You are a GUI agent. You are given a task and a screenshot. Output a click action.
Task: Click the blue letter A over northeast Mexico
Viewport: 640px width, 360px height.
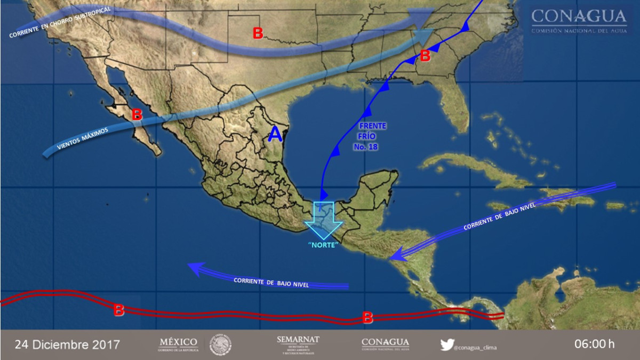point(275,134)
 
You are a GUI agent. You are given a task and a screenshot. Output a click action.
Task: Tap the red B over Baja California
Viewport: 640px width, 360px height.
point(137,114)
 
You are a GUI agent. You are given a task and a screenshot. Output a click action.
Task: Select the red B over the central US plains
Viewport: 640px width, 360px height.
point(258,34)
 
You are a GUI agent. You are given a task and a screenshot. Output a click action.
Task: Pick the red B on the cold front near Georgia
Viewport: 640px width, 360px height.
point(425,55)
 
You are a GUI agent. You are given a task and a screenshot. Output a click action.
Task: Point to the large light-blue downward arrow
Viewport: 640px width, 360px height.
point(323,220)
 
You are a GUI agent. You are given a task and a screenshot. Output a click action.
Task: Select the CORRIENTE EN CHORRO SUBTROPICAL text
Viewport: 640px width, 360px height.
point(60,22)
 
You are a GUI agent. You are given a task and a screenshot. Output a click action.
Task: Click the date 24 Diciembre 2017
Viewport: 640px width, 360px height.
point(67,344)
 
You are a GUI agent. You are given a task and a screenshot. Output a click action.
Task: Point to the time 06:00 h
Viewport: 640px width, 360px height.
point(595,344)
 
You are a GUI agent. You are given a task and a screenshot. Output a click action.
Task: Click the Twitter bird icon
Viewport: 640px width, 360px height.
point(446,345)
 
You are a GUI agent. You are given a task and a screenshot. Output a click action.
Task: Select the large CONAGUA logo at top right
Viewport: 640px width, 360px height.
point(579,20)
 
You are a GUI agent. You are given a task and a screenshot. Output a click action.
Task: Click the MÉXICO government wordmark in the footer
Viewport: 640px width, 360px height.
point(178,345)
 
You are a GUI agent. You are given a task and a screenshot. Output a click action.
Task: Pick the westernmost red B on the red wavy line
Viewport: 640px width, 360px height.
point(119,309)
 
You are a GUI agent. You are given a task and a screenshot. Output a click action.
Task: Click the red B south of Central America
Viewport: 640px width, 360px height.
point(367,317)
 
